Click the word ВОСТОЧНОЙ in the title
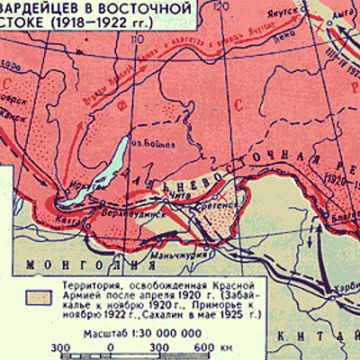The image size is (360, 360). pos(148,9)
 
